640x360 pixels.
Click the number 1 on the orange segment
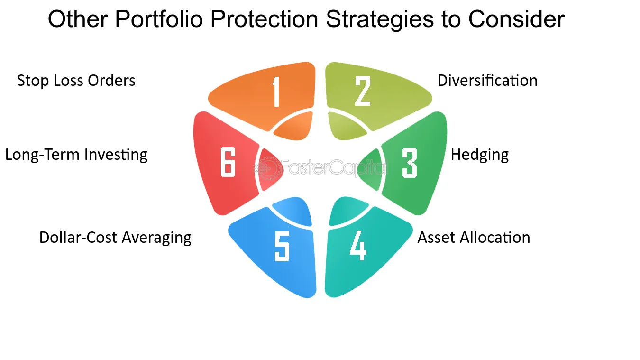click(x=276, y=92)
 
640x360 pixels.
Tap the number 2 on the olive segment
click(x=363, y=91)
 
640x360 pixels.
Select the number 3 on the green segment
click(x=410, y=163)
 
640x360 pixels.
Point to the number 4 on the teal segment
click(x=358, y=246)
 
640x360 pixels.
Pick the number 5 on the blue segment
click(x=282, y=246)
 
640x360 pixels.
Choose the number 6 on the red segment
click(x=228, y=162)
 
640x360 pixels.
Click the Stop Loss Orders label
click(x=76, y=81)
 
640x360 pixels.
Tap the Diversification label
click(x=487, y=80)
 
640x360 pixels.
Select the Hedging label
click(x=480, y=155)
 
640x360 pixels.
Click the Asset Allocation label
click(x=474, y=237)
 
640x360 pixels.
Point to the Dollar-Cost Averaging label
click(x=115, y=238)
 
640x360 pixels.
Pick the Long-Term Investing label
click(x=76, y=155)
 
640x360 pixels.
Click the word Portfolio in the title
click(x=159, y=19)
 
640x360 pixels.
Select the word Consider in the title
click(x=516, y=19)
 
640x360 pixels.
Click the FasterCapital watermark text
click(x=333, y=167)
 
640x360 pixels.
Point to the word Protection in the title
click(x=264, y=19)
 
